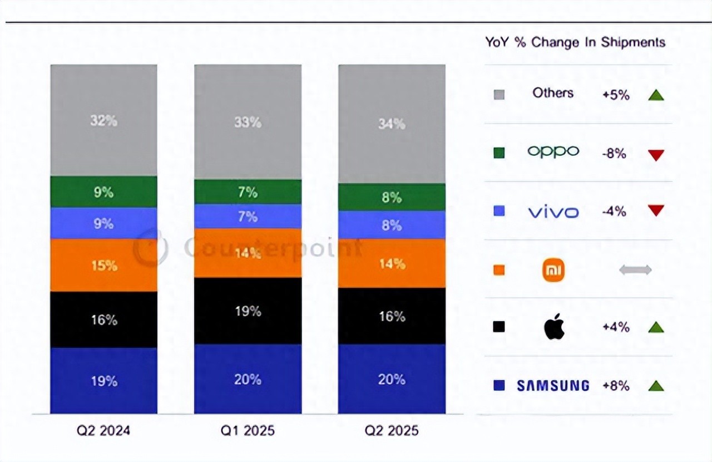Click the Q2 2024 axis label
click(x=104, y=431)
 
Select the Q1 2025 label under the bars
click(x=248, y=431)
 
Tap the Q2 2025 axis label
click(x=392, y=431)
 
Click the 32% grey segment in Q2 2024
click(x=104, y=120)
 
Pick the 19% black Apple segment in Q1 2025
click(x=248, y=311)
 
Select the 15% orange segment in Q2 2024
click(x=104, y=266)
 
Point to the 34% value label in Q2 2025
click(x=392, y=124)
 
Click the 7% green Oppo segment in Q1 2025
click(x=248, y=192)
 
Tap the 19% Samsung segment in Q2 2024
click(x=104, y=381)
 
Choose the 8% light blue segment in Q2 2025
click(x=392, y=225)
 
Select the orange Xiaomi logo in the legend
click(x=553, y=270)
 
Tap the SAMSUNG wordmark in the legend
click(x=553, y=385)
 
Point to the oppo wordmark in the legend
click(x=553, y=151)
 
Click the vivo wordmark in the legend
click(x=553, y=212)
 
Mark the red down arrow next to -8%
click(x=656, y=155)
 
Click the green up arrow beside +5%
click(x=656, y=95)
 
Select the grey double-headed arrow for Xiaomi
click(x=635, y=270)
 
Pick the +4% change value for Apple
click(x=616, y=327)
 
